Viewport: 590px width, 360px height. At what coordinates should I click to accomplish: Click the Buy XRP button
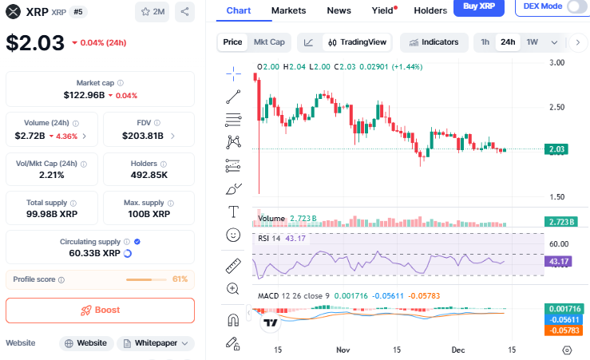point(478,7)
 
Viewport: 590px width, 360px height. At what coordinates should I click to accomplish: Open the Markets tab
point(288,10)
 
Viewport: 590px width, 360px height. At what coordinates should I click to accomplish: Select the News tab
point(339,10)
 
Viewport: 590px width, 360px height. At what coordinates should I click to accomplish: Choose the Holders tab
point(430,10)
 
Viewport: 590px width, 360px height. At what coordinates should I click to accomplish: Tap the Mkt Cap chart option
point(269,42)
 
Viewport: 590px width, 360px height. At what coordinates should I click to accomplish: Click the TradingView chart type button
point(357,42)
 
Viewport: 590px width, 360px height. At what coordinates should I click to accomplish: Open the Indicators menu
point(434,42)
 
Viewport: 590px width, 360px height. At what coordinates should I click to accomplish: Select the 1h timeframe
point(485,42)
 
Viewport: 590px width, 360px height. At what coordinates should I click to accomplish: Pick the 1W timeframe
point(532,42)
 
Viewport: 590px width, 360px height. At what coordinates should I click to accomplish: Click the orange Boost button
point(100,310)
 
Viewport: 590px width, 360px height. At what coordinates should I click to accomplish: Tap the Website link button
point(85,343)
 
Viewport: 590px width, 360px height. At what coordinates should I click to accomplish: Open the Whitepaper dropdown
point(156,343)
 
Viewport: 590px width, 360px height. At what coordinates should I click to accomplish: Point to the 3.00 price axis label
point(557,62)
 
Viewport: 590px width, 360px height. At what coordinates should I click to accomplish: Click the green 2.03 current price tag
point(556,149)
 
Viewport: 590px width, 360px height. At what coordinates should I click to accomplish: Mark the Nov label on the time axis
point(343,350)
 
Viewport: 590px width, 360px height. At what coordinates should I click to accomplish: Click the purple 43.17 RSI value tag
point(556,261)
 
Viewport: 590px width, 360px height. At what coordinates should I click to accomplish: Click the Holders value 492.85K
point(148,175)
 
